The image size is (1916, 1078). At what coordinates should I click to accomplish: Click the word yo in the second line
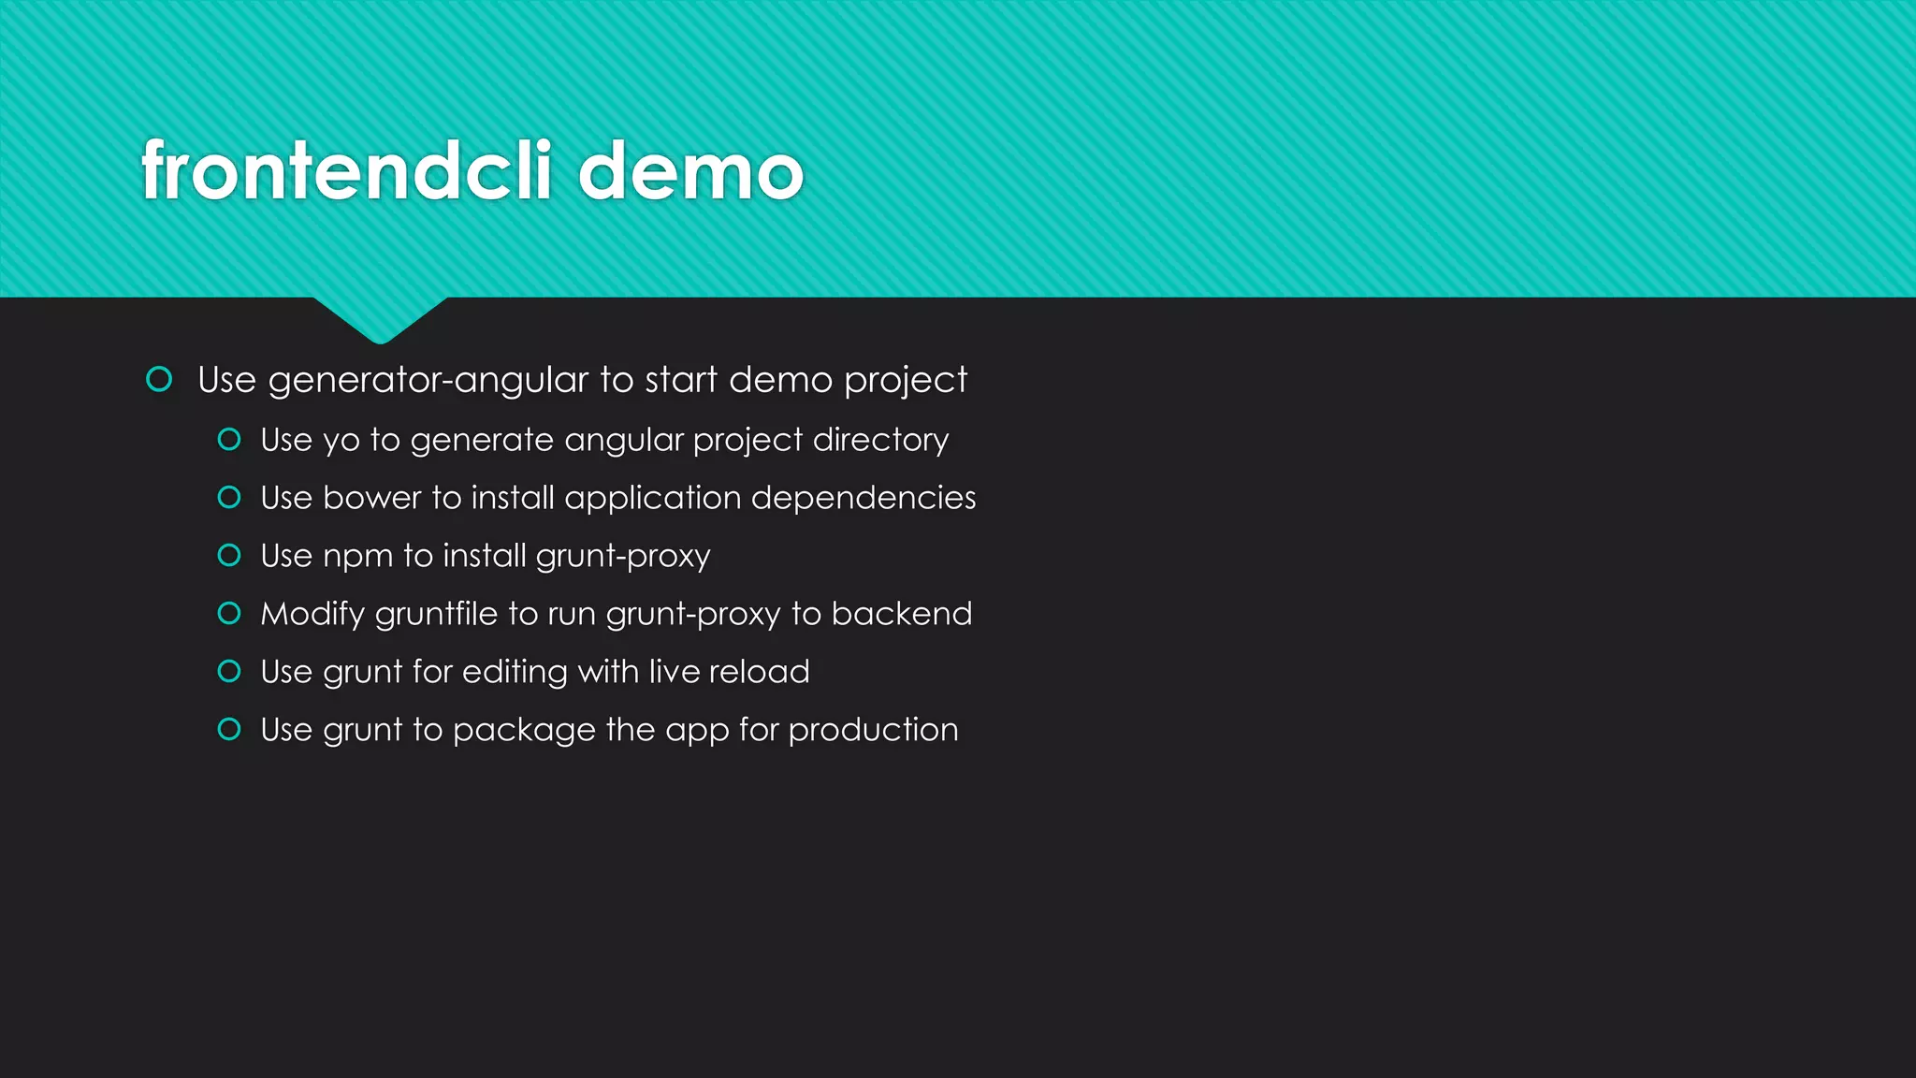[x=341, y=441]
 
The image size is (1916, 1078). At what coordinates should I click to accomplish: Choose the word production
[x=873, y=731]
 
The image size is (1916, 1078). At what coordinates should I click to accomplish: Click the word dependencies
[x=863, y=498]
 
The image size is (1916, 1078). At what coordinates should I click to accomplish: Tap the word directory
[x=880, y=440]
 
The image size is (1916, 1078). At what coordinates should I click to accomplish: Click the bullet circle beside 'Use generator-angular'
[x=159, y=379]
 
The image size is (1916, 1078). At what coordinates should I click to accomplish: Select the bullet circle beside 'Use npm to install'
[x=229, y=556]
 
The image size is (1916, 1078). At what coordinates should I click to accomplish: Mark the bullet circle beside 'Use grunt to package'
[x=229, y=730]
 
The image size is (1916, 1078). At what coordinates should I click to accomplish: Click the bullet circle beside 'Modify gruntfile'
[x=229, y=614]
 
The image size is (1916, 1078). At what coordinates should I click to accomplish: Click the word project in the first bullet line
[x=905, y=381]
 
